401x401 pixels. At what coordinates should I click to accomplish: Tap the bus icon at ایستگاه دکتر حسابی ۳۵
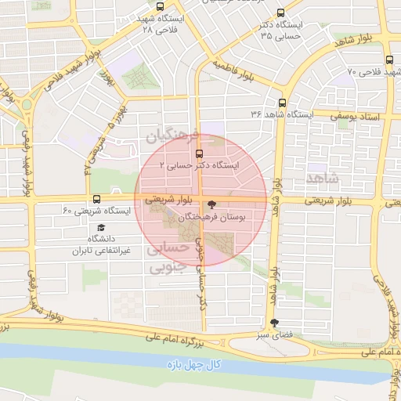click(x=282, y=13)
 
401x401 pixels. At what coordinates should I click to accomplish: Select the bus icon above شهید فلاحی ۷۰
click(x=389, y=60)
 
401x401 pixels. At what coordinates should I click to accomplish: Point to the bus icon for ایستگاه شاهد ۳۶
click(x=282, y=103)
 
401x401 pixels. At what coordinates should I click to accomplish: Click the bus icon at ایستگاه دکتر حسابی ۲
click(x=198, y=154)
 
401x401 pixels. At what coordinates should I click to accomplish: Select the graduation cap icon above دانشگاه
click(x=92, y=228)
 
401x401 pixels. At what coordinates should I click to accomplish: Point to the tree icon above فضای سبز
click(x=273, y=323)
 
